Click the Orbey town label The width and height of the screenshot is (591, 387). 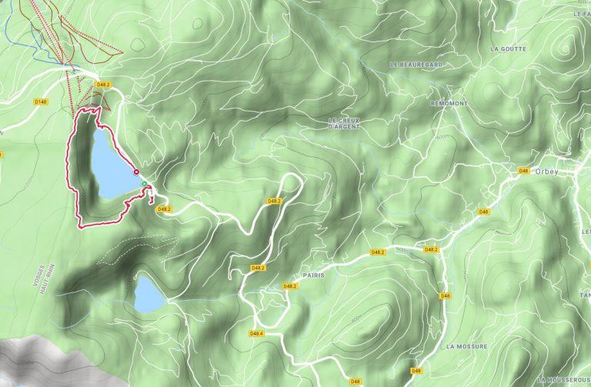545,172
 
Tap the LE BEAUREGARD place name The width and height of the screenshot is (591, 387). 416,65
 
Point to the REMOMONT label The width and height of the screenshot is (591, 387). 450,102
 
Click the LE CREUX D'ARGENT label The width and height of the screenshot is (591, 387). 344,123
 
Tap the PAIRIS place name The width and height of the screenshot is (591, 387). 315,274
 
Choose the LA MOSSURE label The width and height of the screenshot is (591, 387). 466,346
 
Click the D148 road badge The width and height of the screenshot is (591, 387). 41,101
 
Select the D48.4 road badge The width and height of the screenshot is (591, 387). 256,333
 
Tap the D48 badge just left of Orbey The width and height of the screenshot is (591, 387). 523,170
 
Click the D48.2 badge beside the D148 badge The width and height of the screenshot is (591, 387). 104,84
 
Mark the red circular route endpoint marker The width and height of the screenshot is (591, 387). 136,172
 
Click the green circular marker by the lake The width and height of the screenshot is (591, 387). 144,183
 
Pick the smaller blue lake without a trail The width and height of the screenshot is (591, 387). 149,295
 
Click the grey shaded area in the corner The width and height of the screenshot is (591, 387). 31,358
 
